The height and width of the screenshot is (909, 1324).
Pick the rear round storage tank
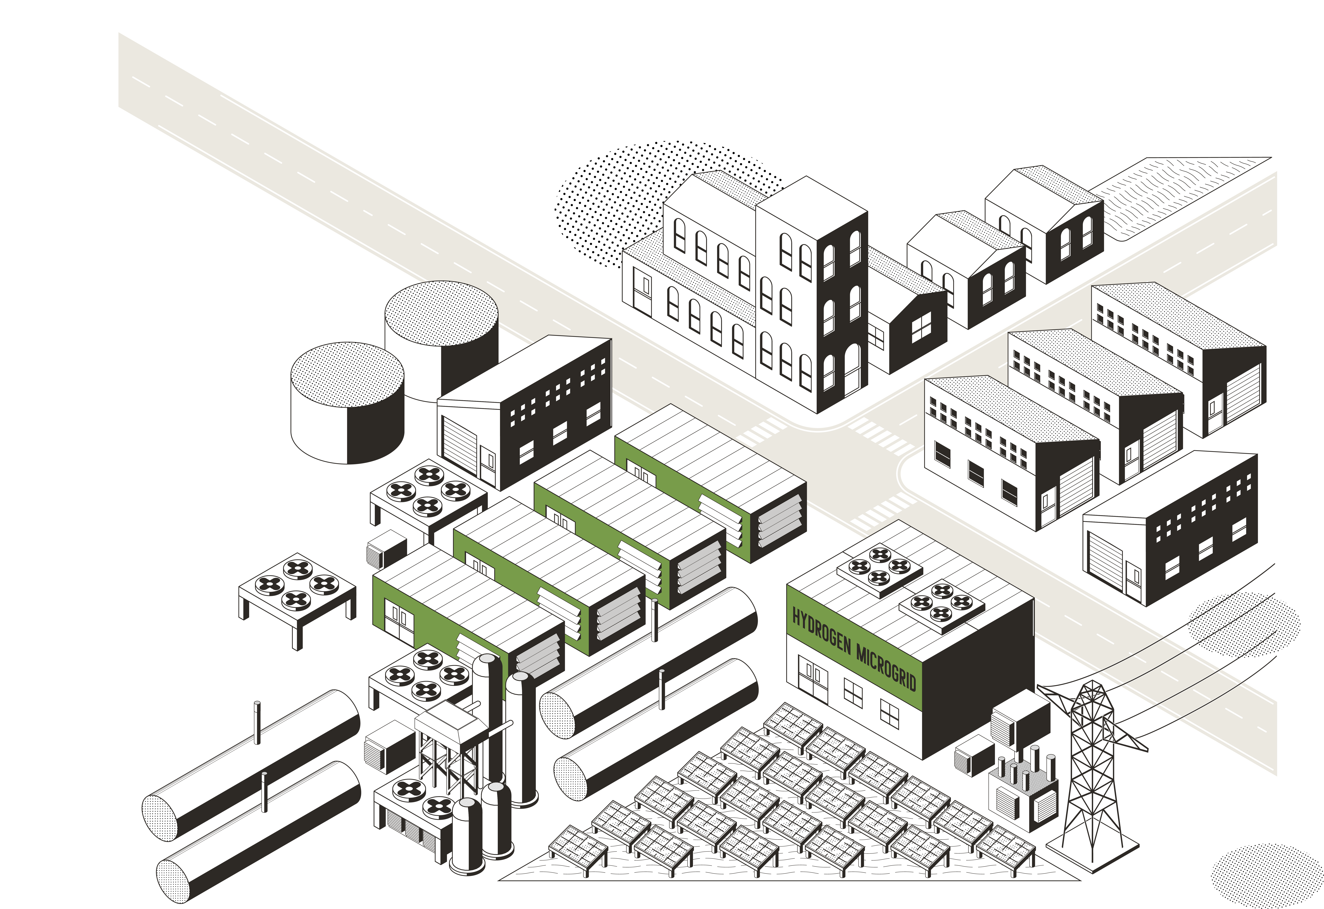441,331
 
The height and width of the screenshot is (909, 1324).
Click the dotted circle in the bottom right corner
1268,878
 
